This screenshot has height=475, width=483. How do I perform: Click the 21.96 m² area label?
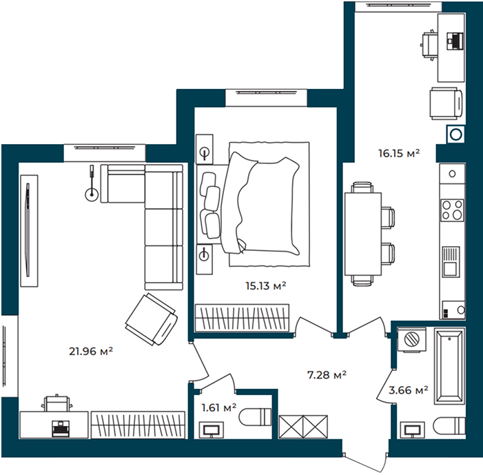pyautogui.click(x=91, y=351)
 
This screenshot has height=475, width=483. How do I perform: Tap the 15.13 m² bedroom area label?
pyautogui.click(x=266, y=285)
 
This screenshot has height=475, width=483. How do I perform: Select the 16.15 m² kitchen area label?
pyautogui.click(x=399, y=153)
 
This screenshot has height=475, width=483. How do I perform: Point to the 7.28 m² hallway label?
pyautogui.click(x=327, y=375)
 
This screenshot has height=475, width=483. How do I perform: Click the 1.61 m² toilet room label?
pyautogui.click(x=218, y=408)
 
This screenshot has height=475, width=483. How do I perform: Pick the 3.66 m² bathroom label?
pyautogui.click(x=408, y=390)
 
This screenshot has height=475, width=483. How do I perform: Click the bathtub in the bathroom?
pyautogui.click(x=449, y=366)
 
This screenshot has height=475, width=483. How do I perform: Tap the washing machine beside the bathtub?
pyautogui.click(x=412, y=339)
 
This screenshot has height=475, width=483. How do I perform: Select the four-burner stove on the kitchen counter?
pyautogui.click(x=452, y=210)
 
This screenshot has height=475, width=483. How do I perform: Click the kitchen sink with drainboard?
pyautogui.click(x=451, y=261)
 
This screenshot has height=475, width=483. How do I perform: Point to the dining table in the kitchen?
pyautogui.click(x=363, y=234)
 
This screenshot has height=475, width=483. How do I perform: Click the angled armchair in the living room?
pyautogui.click(x=152, y=319)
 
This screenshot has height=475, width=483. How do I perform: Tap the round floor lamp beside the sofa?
pyautogui.click(x=92, y=194)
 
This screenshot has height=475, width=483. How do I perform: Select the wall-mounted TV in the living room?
pyautogui.click(x=28, y=230)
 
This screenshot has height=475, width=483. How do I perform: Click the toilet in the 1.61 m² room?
pyautogui.click(x=255, y=416)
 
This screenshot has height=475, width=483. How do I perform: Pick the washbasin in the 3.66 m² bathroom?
pyautogui.click(x=412, y=429)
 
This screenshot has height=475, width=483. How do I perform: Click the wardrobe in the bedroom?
pyautogui.click(x=242, y=318)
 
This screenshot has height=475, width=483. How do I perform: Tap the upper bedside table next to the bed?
pyautogui.click(x=205, y=149)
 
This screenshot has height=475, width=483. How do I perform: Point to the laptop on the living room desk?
pyautogui.click(x=60, y=428)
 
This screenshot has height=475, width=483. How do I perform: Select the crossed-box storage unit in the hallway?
pyautogui.click(x=303, y=427)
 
